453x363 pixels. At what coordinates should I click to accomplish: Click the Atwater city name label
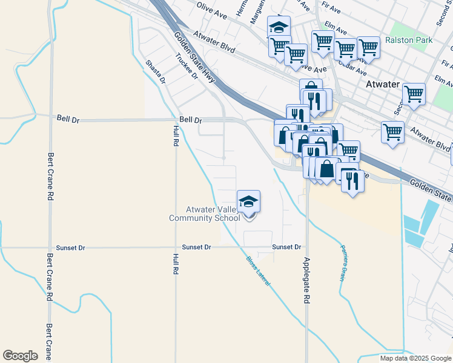tap(383, 85)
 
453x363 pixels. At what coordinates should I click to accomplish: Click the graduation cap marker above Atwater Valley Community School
tap(248, 202)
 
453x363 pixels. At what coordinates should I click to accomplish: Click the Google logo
tap(20, 356)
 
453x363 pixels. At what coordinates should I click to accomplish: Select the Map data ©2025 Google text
tap(415, 358)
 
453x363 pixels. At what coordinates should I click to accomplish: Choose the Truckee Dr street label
tap(187, 67)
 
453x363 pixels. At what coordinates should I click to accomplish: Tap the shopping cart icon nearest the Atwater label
tap(414, 94)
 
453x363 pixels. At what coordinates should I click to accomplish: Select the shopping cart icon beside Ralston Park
tap(368, 47)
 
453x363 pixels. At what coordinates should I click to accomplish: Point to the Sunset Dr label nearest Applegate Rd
tap(286, 247)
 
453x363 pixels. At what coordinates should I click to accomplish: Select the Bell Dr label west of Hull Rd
tap(68, 120)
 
